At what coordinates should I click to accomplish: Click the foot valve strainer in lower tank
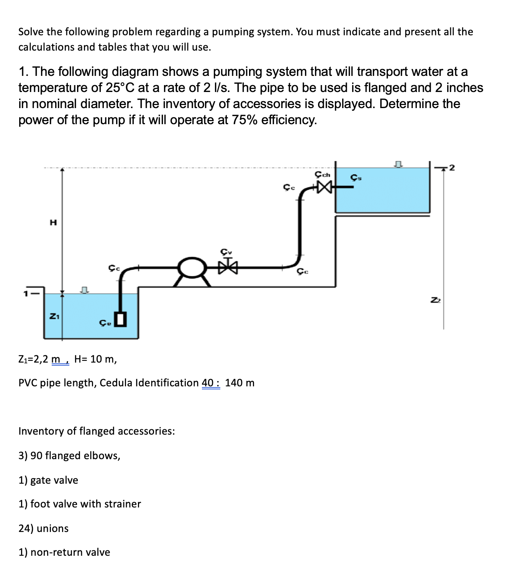click(x=121, y=319)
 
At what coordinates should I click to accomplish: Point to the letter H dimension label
click(x=54, y=222)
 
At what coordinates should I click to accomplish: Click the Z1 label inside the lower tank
click(x=54, y=316)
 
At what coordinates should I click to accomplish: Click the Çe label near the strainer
click(x=105, y=323)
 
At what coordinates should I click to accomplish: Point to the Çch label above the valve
click(x=322, y=174)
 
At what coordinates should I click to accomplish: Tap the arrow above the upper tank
click(x=398, y=164)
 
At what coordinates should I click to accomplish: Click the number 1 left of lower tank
click(x=26, y=294)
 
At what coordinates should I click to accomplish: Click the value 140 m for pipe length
click(x=239, y=383)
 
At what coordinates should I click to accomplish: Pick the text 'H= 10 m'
click(x=95, y=359)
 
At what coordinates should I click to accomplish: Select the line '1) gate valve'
click(x=48, y=480)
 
